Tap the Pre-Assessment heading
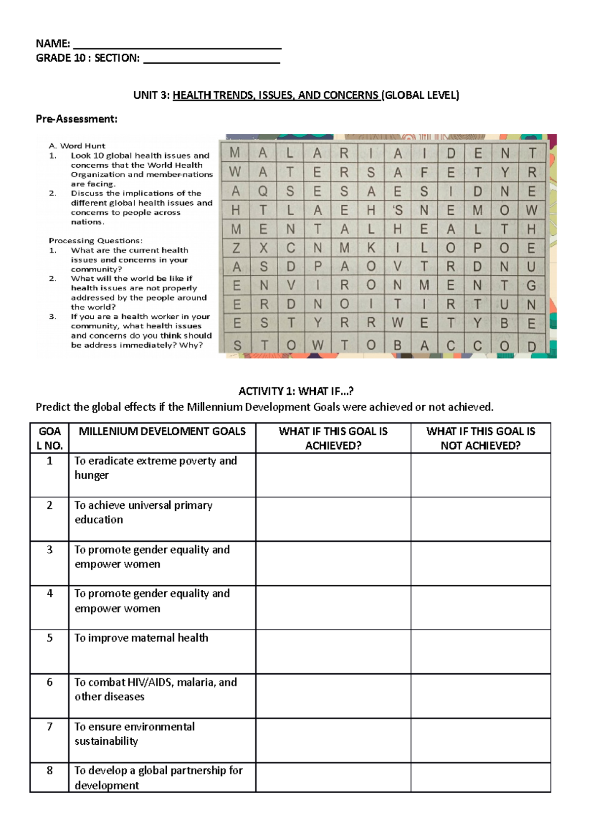click(x=76, y=119)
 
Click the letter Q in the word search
click(x=263, y=191)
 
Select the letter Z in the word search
click(x=236, y=248)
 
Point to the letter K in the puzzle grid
click(x=371, y=248)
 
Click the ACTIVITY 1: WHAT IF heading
click(x=296, y=391)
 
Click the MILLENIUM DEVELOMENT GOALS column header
click(x=162, y=432)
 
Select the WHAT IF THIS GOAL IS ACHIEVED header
click(x=333, y=438)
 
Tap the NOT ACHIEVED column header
click(x=481, y=438)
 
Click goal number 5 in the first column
click(x=49, y=638)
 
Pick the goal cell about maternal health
click(x=142, y=638)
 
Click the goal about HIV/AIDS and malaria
click(x=155, y=689)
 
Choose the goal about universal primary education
click(x=144, y=512)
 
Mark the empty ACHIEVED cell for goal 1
click(x=333, y=475)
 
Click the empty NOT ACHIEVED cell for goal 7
click(x=481, y=740)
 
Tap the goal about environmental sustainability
click(x=135, y=734)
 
